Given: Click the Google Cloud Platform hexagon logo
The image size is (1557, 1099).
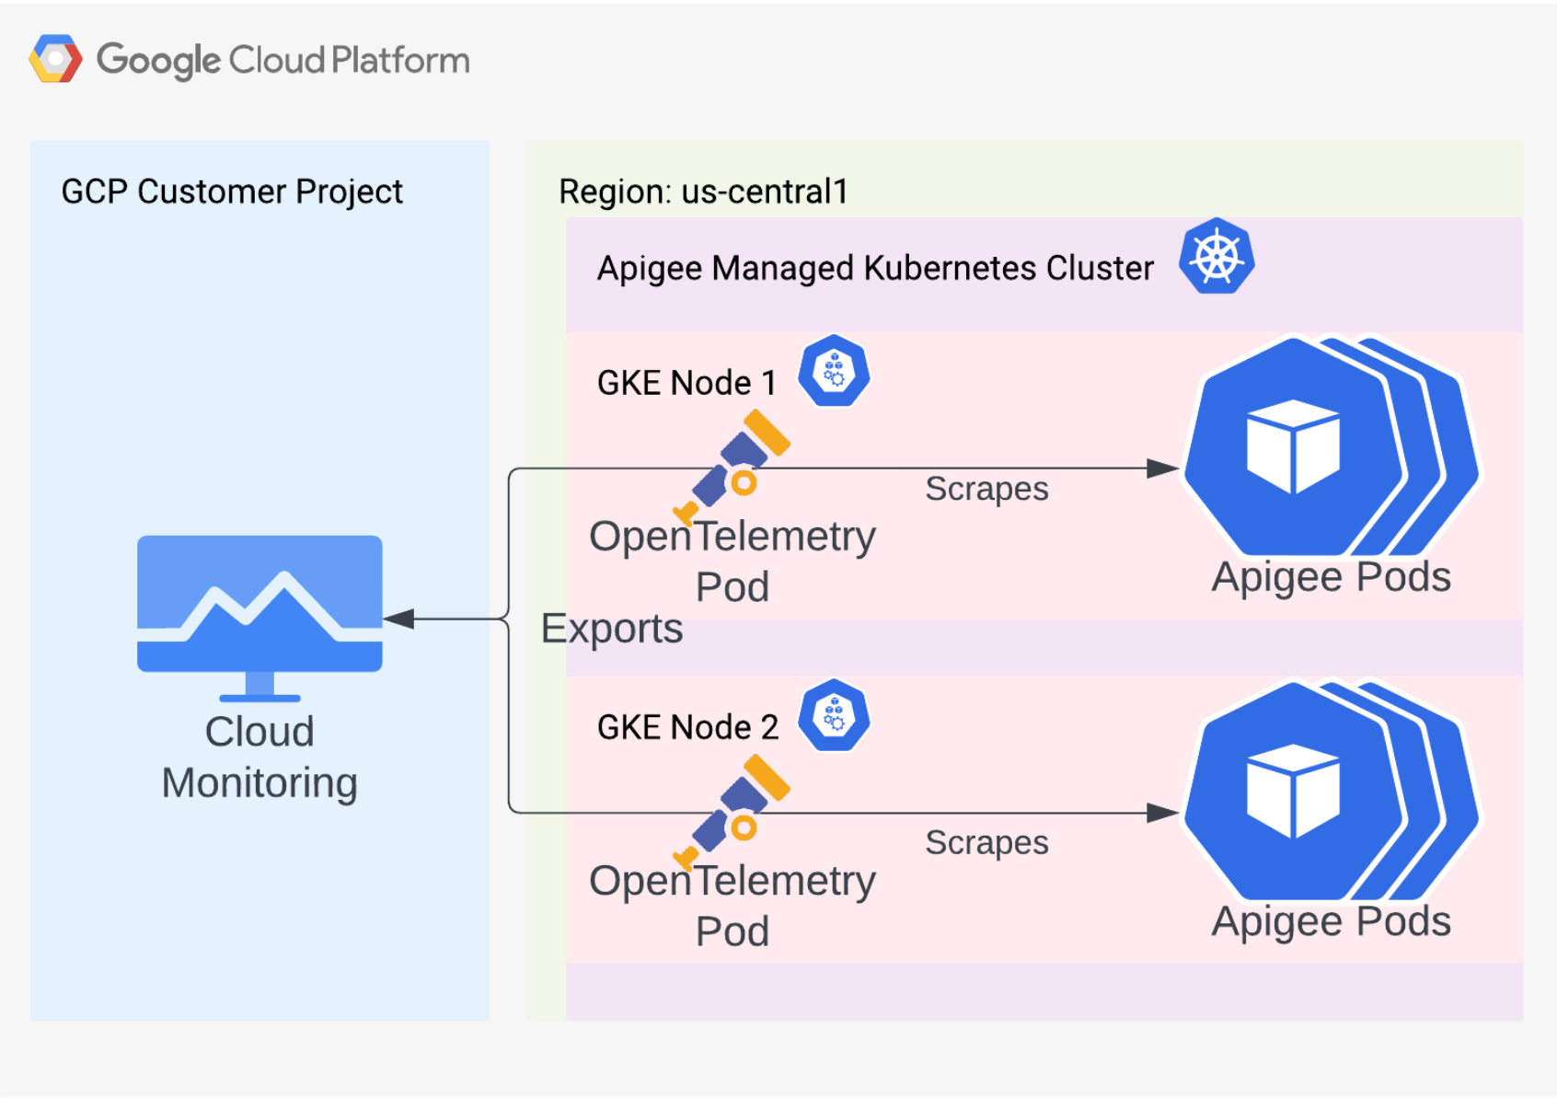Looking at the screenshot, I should (x=55, y=59).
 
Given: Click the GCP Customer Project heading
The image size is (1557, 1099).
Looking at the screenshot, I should (x=232, y=191).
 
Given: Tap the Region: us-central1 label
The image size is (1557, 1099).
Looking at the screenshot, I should (x=703, y=191).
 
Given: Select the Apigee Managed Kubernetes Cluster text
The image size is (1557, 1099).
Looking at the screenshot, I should (x=875, y=268).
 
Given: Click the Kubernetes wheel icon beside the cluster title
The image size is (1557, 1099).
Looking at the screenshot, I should (x=1217, y=257).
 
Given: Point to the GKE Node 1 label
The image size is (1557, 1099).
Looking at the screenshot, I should (x=686, y=382).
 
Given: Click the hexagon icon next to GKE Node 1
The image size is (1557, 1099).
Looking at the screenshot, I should (x=834, y=371).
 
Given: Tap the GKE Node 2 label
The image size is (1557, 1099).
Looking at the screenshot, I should (x=687, y=727).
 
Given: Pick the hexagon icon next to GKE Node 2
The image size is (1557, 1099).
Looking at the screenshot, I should (x=834, y=715).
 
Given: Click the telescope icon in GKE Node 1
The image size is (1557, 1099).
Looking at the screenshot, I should (x=733, y=466).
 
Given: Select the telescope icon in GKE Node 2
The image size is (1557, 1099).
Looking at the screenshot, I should (x=733, y=811).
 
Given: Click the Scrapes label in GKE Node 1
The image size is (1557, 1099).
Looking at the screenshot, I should (x=986, y=489).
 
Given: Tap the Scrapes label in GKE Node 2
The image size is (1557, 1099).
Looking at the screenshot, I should (x=986, y=842).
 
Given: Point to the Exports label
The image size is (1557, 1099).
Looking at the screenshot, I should (x=612, y=629).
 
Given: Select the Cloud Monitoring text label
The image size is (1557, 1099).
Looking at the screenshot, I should (x=259, y=757).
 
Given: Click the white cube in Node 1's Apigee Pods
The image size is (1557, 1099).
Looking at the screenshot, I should (x=1293, y=446).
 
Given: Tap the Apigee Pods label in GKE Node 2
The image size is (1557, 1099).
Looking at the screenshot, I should (x=1331, y=921).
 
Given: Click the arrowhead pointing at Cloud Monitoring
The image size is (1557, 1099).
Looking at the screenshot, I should (x=398, y=619).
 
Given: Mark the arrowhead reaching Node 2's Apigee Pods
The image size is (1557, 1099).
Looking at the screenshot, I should (x=1163, y=813).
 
